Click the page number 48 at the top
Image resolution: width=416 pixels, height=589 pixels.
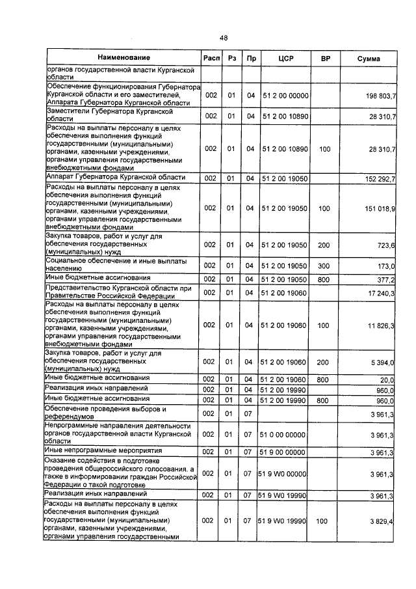pos(223,38)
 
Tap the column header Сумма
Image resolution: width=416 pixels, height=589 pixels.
pos(369,59)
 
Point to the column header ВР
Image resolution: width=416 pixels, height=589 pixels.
pos(326,59)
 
